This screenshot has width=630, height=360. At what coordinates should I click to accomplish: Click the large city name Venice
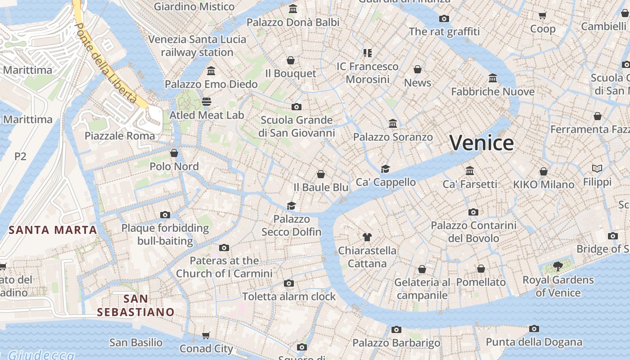coord(481,143)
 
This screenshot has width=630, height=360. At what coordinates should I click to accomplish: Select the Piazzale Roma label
coord(120,136)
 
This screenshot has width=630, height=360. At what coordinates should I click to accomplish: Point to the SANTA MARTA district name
coord(53,230)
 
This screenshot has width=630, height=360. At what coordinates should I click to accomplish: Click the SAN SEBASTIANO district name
coord(135,305)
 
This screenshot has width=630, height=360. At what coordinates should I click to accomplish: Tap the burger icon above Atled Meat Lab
coord(207,102)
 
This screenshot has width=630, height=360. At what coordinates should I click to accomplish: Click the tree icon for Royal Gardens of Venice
coord(558,266)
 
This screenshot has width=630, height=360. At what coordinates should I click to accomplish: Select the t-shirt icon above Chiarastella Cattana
coord(367,237)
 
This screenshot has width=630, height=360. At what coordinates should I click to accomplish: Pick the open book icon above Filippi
coord(597,169)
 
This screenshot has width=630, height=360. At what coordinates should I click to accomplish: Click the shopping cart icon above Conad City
coord(206,335)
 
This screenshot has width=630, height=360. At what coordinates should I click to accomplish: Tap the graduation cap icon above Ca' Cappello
coord(385,169)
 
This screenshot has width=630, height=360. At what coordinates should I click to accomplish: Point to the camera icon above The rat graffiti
coord(444,18)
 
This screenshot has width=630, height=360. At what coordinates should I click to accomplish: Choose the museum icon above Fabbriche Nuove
coord(493,78)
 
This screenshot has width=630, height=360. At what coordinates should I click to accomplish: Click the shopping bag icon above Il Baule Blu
coord(321,174)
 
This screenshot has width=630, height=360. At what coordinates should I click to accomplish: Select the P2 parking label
coord(20,156)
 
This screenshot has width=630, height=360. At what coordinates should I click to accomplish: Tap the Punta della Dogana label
coord(534,342)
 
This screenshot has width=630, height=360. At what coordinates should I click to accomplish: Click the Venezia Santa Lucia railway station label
coord(197,45)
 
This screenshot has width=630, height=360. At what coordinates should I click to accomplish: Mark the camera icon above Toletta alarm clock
coord(289,283)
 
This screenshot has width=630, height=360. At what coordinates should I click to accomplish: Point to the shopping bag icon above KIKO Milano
coord(544,171)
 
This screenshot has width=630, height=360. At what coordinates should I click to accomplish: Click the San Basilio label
coord(135,342)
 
